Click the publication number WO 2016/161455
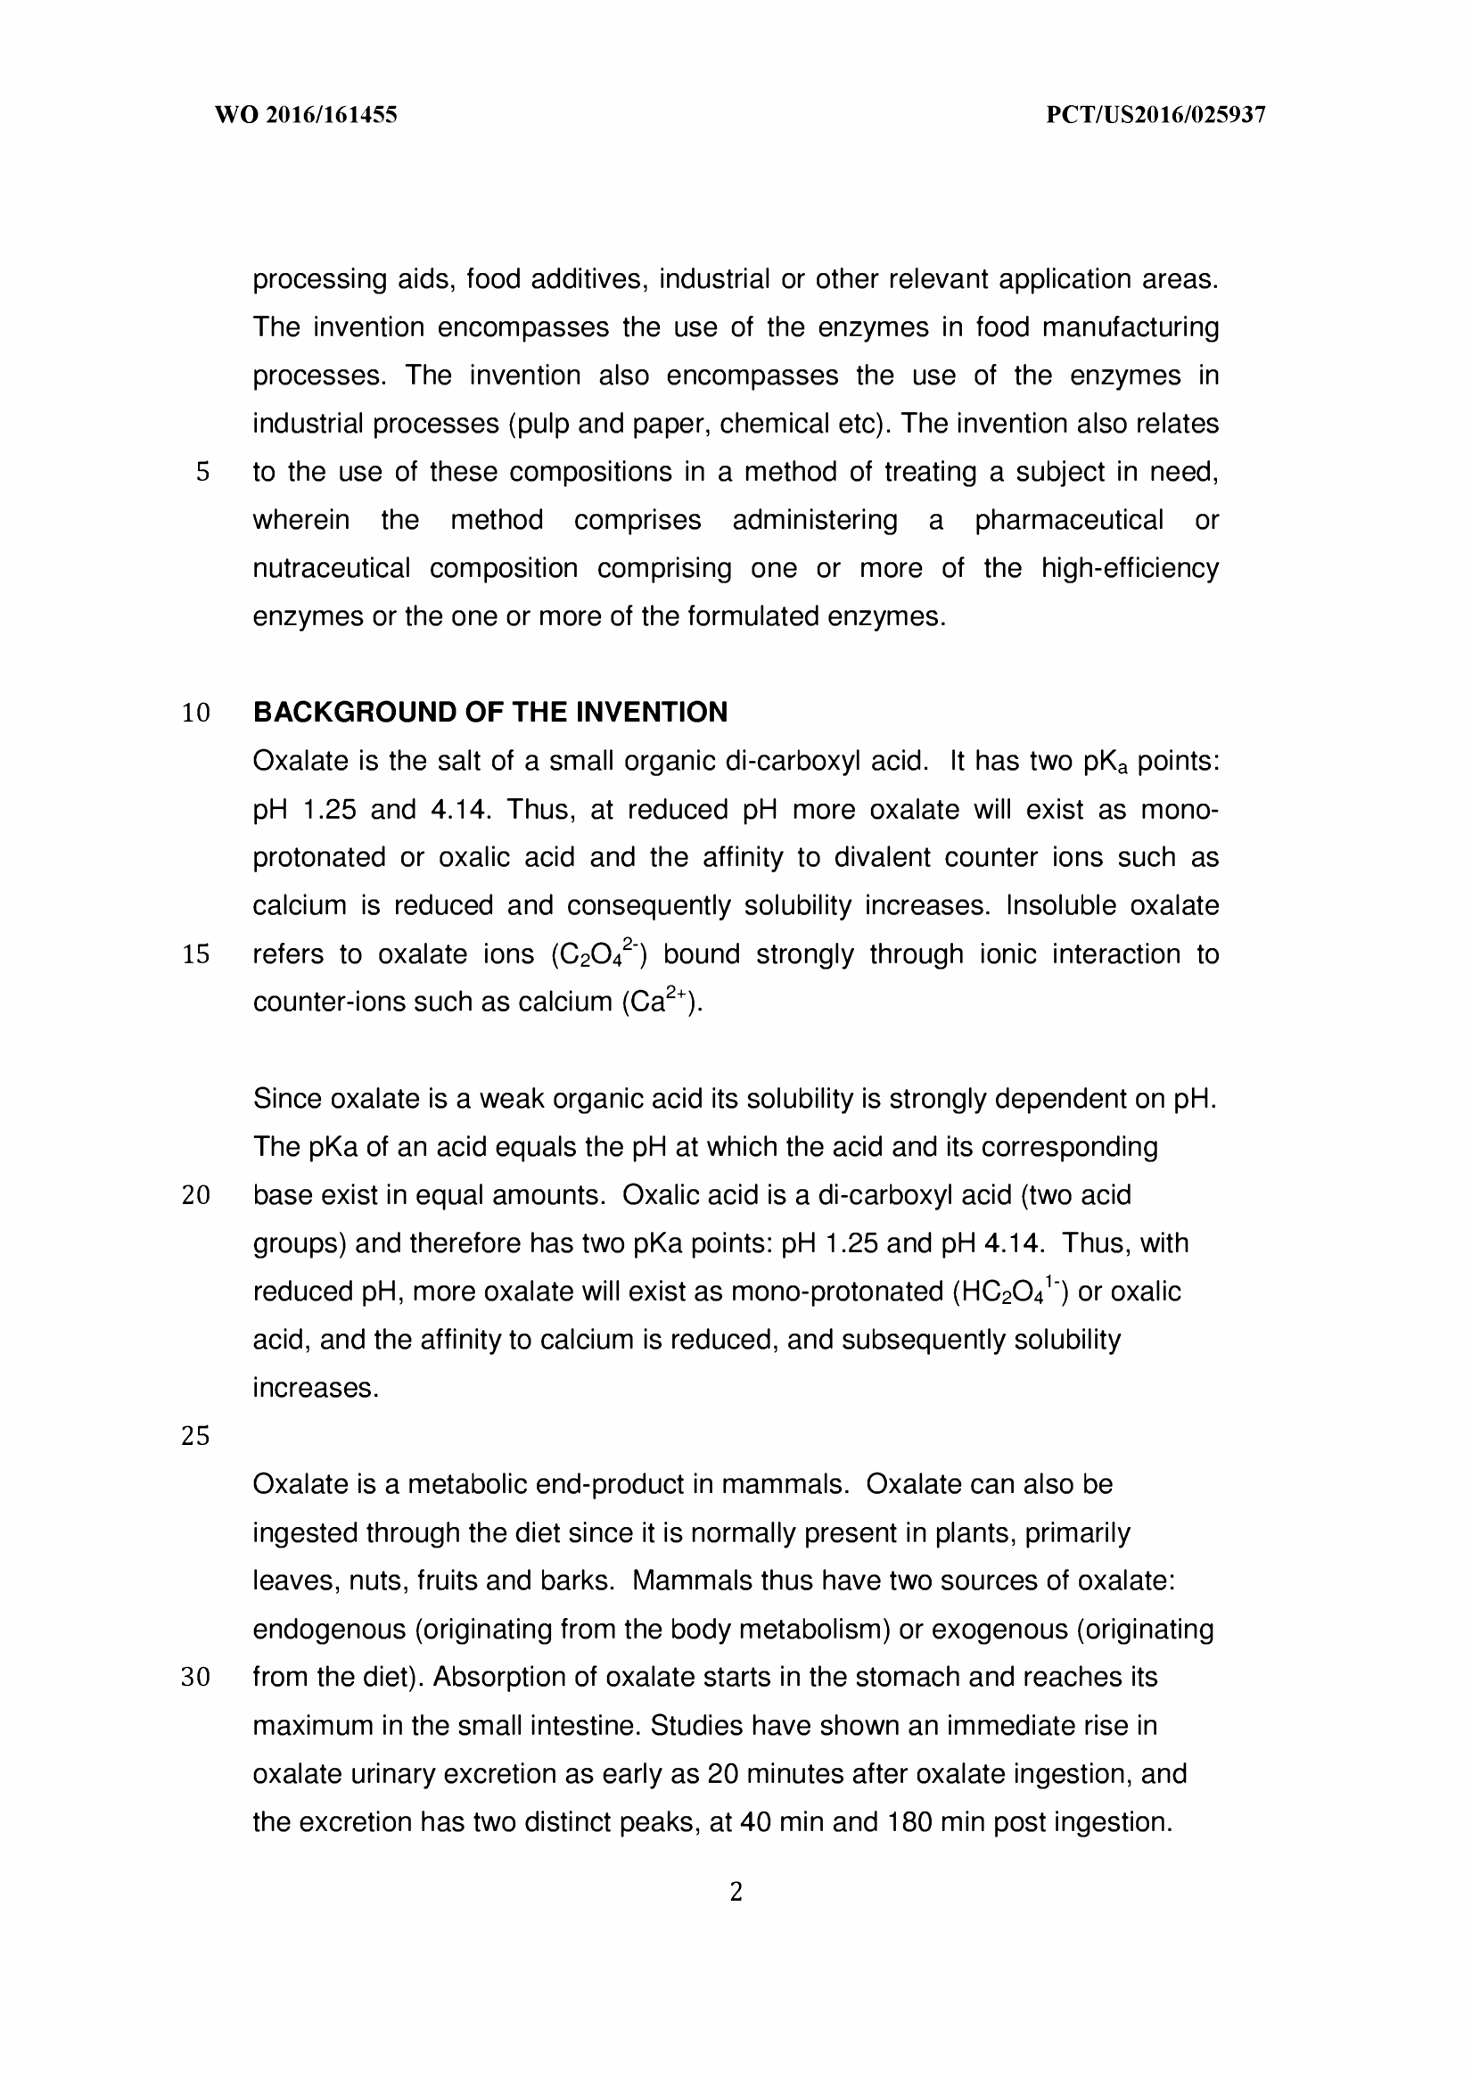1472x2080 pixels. [306, 115]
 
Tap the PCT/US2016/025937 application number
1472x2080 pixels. [1155, 115]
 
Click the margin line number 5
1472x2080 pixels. [202, 473]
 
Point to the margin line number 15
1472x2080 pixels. [196, 954]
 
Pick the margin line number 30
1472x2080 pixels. [196, 1678]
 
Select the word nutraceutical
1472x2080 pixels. [331, 568]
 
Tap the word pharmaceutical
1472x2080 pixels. [1069, 521]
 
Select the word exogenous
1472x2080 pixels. [999, 1630]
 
